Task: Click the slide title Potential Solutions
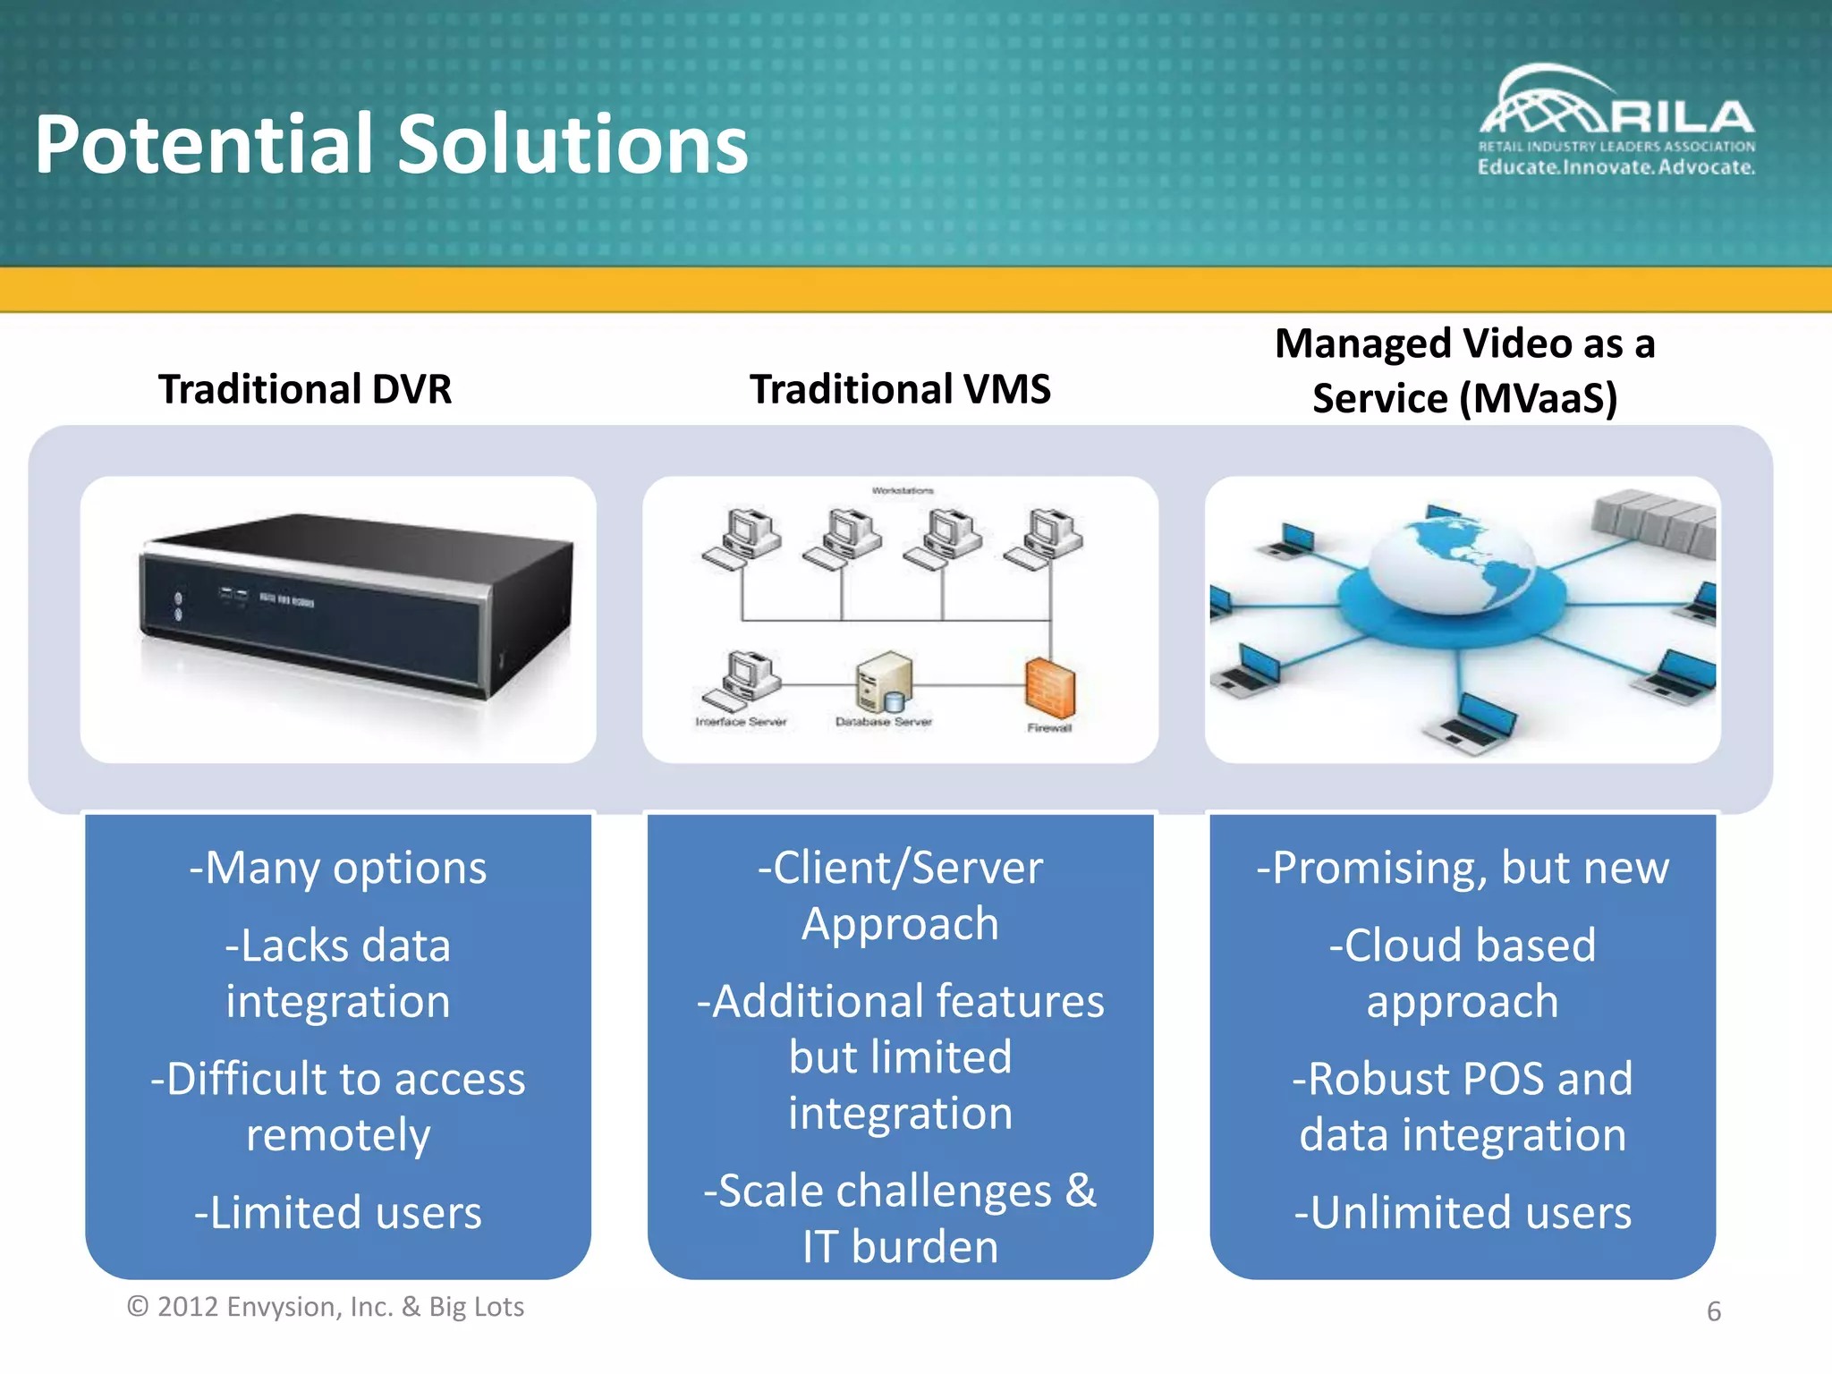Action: pyautogui.click(x=391, y=145)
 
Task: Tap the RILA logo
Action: pyautogui.click(x=1616, y=121)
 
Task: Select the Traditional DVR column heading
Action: pyautogui.click(x=305, y=389)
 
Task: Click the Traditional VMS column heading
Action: pyautogui.click(x=900, y=389)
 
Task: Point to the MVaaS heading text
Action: pyautogui.click(x=1464, y=370)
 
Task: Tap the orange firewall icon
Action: pyautogui.click(x=1049, y=687)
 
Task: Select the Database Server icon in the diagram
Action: pyautogui.click(x=884, y=683)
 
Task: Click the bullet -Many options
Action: pyautogui.click(x=338, y=868)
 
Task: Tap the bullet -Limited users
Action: pyautogui.click(x=338, y=1213)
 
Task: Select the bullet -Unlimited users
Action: pyautogui.click(x=1463, y=1213)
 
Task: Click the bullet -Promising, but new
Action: pyautogui.click(x=1463, y=868)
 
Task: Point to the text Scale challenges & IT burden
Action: pyautogui.click(x=900, y=1218)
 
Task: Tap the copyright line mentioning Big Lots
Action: pyautogui.click(x=326, y=1307)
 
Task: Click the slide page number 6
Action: pyautogui.click(x=1713, y=1311)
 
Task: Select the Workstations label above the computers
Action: pyautogui.click(x=902, y=491)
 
